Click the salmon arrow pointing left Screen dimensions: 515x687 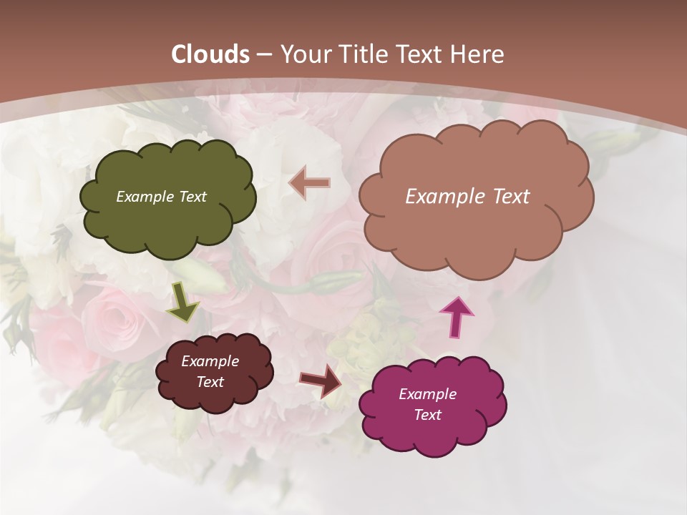click(310, 183)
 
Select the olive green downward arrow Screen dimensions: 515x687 click(182, 303)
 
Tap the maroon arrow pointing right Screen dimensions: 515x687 click(321, 381)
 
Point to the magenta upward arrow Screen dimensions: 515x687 click(456, 317)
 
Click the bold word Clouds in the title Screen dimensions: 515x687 click(210, 54)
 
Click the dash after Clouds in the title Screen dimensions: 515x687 click(263, 54)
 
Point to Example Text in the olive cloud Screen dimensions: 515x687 click(161, 197)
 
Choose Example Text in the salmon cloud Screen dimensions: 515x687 click(467, 197)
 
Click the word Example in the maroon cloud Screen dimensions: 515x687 click(210, 361)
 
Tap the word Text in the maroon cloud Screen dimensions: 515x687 click(210, 382)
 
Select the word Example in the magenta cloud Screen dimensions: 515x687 click(427, 394)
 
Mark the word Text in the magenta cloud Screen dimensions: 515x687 click(427, 415)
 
